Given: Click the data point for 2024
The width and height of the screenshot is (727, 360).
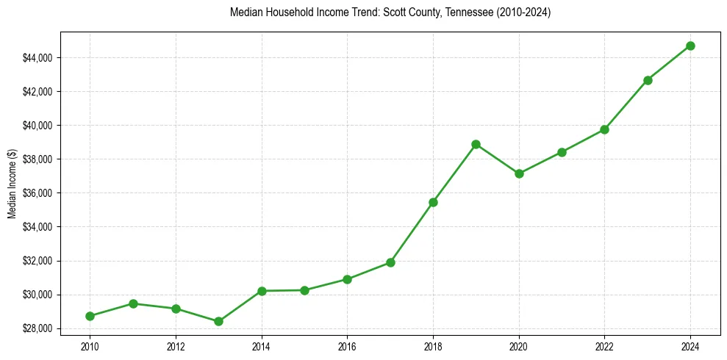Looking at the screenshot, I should (690, 46).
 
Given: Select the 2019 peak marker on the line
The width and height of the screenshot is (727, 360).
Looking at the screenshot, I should (476, 144).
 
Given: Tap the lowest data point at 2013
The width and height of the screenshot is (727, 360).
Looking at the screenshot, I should (218, 321).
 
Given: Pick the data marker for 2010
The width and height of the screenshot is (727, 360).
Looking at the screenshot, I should (90, 316).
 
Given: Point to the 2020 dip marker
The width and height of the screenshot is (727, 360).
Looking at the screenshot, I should (519, 173).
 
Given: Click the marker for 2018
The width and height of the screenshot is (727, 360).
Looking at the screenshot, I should (433, 202).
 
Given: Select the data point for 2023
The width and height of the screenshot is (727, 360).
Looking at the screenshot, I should (648, 80).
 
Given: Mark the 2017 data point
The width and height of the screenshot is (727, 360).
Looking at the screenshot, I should (390, 262).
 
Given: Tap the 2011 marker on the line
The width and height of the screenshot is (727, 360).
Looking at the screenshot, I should (133, 303).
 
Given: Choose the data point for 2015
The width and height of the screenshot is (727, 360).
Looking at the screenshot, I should (304, 290).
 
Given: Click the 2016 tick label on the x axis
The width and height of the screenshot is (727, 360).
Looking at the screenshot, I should (347, 345).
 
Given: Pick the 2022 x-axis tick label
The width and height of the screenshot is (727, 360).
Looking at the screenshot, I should (604, 345).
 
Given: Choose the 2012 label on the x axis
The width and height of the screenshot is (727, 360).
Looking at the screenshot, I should (176, 345).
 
